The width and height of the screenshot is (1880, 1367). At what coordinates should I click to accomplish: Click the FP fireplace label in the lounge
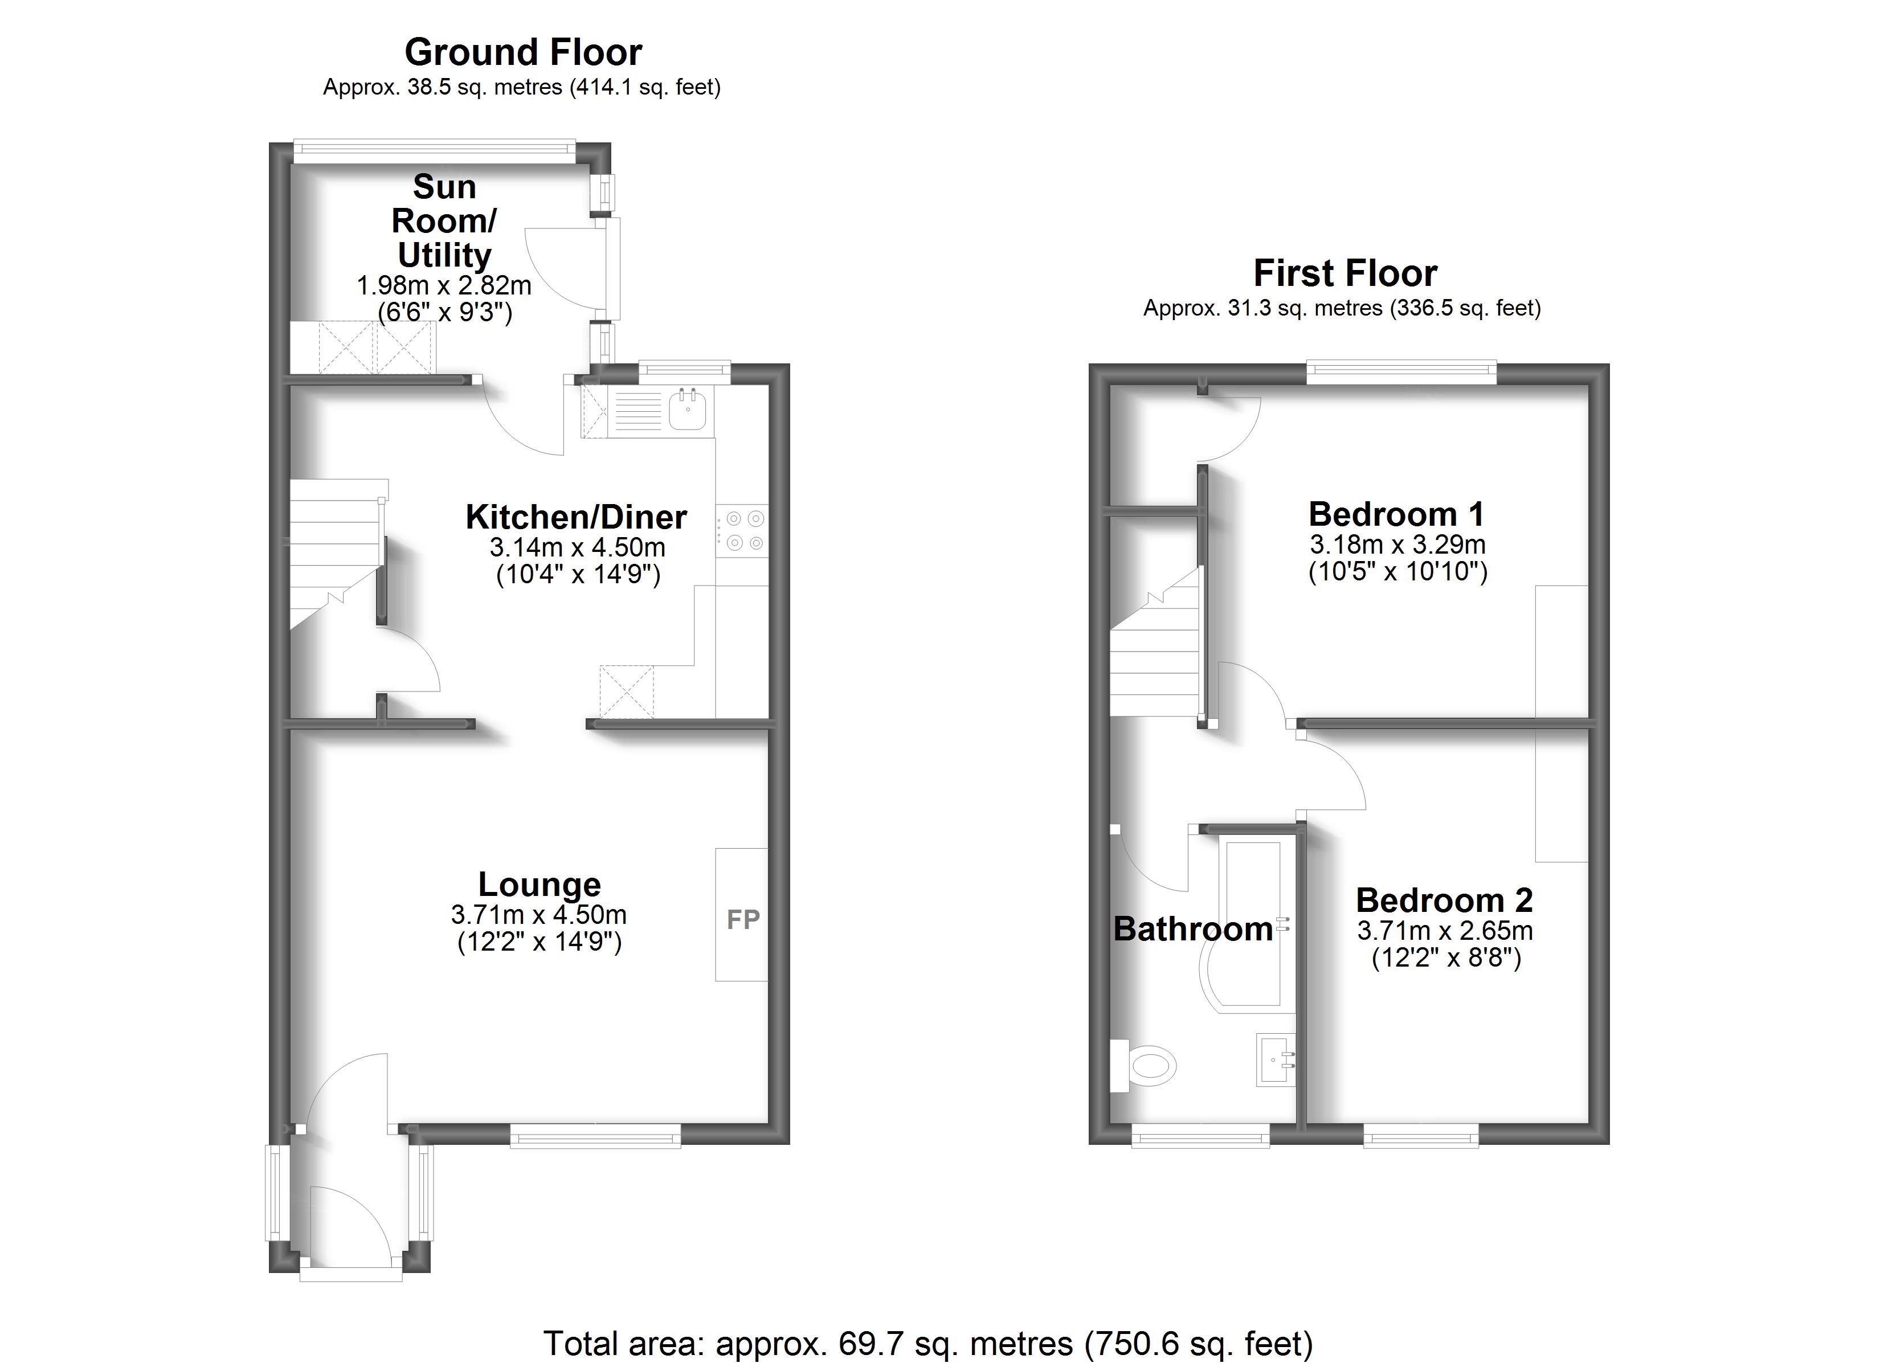tap(743, 919)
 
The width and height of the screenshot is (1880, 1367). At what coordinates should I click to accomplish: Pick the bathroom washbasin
tap(1276, 1059)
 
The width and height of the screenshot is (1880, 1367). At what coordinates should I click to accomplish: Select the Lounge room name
tap(539, 883)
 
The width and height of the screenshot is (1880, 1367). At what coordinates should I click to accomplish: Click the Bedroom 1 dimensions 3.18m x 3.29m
tap(1397, 545)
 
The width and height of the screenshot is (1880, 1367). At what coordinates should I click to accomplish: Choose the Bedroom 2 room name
tap(1444, 899)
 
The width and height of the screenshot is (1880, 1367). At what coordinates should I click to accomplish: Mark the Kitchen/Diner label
tap(576, 517)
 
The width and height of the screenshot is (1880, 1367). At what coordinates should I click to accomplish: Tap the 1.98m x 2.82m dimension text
tap(443, 286)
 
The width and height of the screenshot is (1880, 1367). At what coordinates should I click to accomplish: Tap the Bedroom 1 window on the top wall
tap(1401, 372)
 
